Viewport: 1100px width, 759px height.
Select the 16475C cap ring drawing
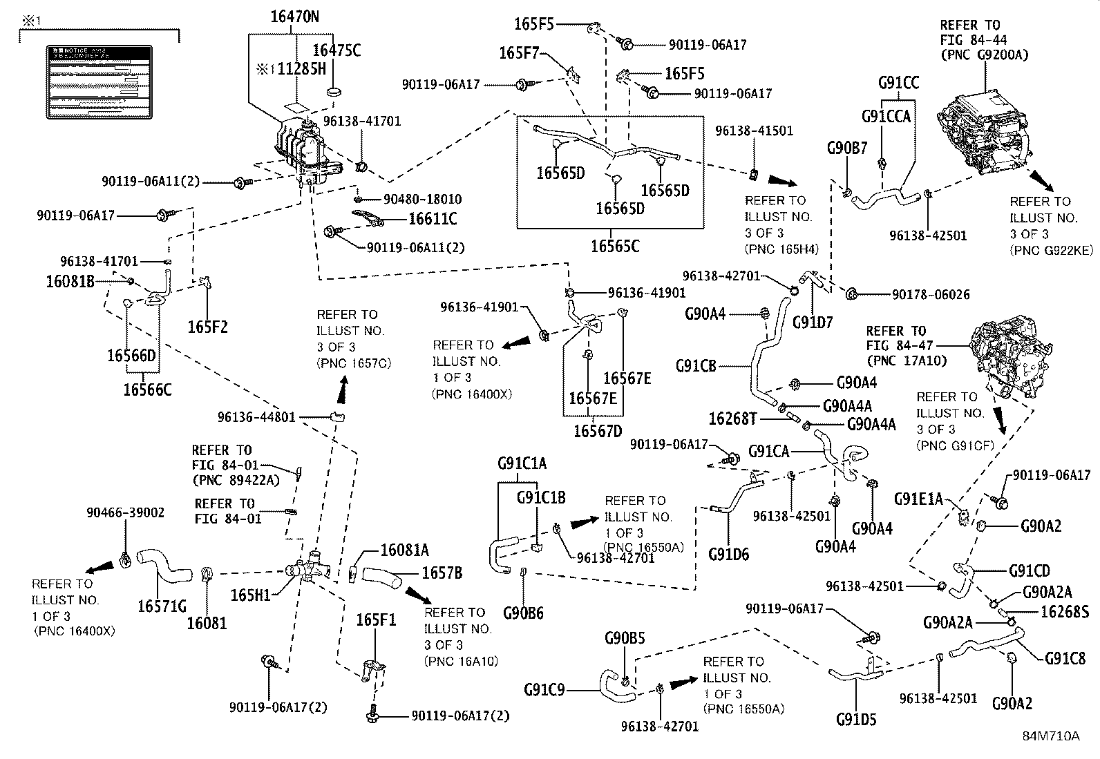tap(335, 93)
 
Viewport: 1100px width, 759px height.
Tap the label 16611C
tap(432, 220)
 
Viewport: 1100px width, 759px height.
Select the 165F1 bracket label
tap(376, 619)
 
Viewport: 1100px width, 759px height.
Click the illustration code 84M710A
tap(1051, 736)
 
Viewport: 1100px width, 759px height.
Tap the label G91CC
tap(898, 83)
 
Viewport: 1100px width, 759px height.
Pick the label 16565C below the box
tap(615, 246)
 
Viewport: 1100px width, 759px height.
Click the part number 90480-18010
tap(423, 199)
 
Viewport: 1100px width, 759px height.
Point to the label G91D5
tap(855, 720)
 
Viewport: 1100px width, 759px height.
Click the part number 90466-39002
tap(125, 512)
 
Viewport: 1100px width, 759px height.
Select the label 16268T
tap(733, 419)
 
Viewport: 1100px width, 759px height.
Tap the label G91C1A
tap(522, 463)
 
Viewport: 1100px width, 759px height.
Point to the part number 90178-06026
tap(930, 295)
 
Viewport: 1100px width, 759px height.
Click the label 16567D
tap(598, 430)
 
